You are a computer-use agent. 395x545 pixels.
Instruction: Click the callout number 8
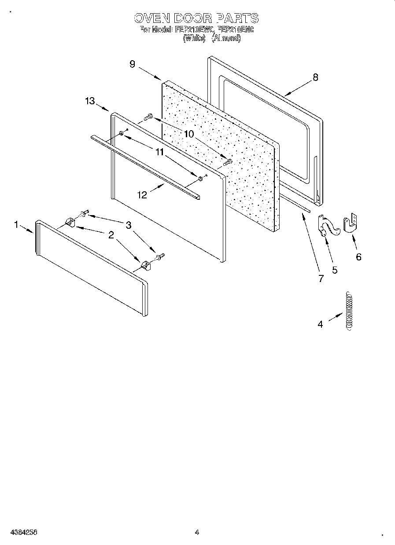315,77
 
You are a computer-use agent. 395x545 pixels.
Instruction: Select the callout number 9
132,64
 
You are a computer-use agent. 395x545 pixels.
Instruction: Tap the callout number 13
90,101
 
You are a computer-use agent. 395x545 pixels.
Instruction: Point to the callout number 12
142,195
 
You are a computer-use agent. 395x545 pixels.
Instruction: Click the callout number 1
16,225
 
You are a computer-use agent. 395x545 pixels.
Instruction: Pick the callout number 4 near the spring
320,324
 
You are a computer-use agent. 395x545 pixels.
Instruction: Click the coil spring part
350,310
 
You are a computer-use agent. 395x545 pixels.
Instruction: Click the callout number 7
321,278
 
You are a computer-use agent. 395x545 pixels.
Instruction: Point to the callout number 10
188,134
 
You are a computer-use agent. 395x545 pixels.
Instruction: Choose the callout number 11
159,152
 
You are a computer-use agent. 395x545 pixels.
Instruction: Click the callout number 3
128,225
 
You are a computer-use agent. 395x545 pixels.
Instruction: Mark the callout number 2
111,235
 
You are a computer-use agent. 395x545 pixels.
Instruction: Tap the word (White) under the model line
194,38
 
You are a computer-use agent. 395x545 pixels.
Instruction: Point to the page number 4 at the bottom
197,532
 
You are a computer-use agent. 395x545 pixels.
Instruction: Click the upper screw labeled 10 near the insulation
148,117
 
